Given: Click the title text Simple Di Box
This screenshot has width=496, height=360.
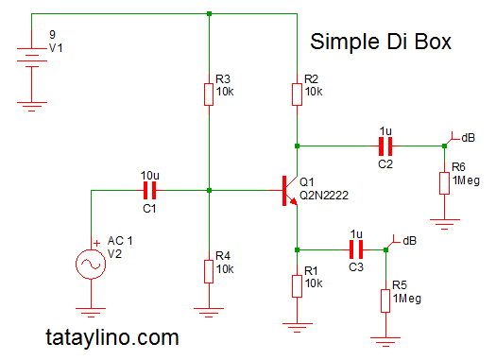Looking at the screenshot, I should click(381, 43).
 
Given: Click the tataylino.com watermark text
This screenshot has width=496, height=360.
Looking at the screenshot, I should click(111, 335).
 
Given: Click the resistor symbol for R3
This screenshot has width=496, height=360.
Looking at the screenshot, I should click(209, 94).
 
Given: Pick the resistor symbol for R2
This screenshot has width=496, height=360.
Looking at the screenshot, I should click(297, 94).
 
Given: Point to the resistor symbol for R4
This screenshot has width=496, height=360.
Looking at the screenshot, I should click(209, 271).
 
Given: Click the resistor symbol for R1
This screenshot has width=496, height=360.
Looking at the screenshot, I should click(297, 283).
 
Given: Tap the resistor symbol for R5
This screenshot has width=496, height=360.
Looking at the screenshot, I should click(386, 300).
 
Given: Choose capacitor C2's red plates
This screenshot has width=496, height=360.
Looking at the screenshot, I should click(384, 146).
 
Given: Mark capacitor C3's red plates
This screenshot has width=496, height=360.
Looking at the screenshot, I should click(355, 249).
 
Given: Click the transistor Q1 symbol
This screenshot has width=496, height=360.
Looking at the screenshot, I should click(286, 190).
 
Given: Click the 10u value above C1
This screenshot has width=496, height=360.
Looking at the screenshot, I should click(149, 175).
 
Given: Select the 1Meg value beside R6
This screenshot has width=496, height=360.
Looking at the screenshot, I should click(468, 180).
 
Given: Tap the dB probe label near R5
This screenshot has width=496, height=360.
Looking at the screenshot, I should click(409, 240).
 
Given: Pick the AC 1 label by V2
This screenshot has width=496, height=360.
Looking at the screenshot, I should click(121, 241).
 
